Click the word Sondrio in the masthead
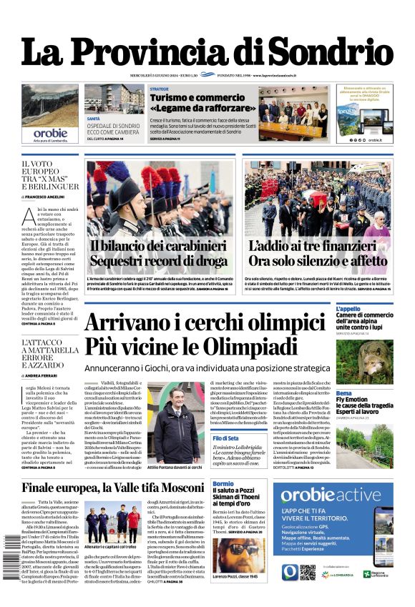pyautogui.click(x=334, y=52)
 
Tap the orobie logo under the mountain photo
pyautogui.click(x=50, y=133)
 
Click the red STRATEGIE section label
pyautogui.click(x=160, y=89)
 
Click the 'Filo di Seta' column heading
pyautogui.click(x=225, y=438)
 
